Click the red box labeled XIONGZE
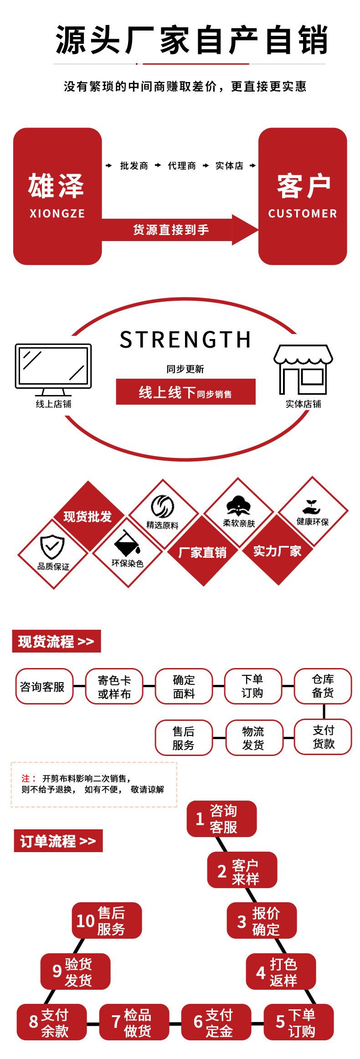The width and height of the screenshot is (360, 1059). (x=57, y=196)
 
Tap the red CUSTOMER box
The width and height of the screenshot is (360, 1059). (x=303, y=196)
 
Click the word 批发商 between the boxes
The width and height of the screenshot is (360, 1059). (x=134, y=166)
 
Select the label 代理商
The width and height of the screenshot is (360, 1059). (x=182, y=166)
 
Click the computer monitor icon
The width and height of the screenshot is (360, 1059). (x=53, y=369)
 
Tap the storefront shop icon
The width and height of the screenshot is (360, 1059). (x=303, y=369)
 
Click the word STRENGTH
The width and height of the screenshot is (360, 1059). (x=185, y=339)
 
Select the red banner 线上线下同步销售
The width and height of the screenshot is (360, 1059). (x=185, y=392)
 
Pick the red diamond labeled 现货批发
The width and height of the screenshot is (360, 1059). (x=87, y=516)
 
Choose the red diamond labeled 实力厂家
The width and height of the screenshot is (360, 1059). (x=277, y=551)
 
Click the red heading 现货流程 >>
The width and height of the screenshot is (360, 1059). (x=56, y=642)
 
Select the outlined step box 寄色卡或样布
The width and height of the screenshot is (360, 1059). (x=114, y=687)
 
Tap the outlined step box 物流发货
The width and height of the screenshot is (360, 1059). (x=253, y=738)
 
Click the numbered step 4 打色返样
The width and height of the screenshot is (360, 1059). (x=281, y=972)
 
